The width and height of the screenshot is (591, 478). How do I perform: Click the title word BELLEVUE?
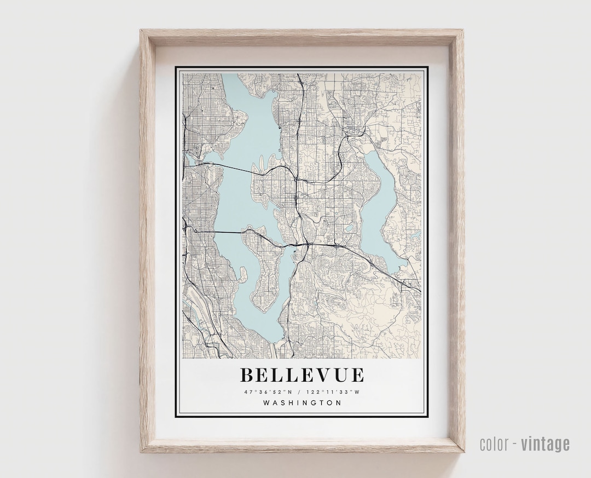click(302, 375)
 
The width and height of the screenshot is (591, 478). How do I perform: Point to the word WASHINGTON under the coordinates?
click(302, 403)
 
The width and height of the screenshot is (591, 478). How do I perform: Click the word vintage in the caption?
click(545, 444)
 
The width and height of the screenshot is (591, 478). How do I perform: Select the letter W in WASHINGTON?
click(266, 403)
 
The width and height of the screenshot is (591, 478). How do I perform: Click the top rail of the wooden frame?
click(302, 38)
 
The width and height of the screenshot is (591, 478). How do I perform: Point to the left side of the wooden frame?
click(147, 241)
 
